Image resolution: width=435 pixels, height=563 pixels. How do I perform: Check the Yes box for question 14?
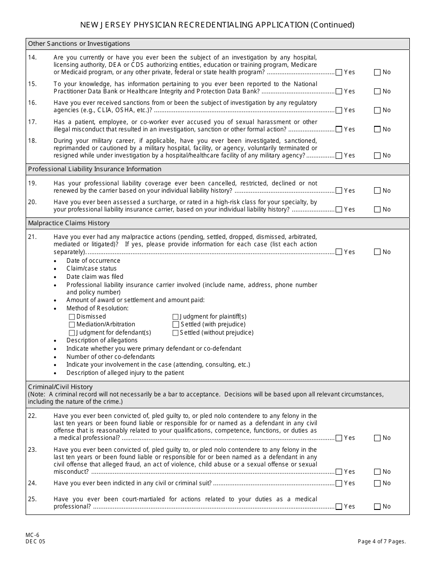coord(339,72)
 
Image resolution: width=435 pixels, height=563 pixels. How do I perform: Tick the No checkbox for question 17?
coord(377,130)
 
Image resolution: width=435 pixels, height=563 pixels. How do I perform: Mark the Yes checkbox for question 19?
coord(339,191)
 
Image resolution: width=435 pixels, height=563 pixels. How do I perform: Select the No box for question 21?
coord(377,252)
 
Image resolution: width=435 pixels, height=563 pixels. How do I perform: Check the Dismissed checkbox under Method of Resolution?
coord(72,317)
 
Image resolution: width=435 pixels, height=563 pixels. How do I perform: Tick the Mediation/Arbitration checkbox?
coord(72,325)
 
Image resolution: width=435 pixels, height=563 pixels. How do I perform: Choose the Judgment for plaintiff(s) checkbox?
coord(175,317)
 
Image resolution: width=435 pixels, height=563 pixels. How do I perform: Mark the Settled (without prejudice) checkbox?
coord(175,333)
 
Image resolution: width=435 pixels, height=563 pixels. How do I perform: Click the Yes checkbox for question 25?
coord(339,507)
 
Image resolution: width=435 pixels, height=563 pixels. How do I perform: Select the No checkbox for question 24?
coord(377,483)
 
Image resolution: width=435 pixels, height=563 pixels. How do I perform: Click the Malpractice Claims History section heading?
coord(69,223)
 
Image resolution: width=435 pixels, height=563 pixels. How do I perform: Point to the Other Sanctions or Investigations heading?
coord(79,44)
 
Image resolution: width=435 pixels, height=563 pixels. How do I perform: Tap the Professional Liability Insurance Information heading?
coord(95,169)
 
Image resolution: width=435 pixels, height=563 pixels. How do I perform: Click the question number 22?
coord(32,416)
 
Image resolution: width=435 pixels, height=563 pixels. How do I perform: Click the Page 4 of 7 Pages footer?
coord(382,541)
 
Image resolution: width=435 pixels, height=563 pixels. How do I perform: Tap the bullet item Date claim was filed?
coord(95,277)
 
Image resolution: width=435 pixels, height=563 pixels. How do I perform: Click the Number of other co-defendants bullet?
coord(110,357)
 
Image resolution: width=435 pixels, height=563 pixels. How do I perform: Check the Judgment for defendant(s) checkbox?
coord(72,333)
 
